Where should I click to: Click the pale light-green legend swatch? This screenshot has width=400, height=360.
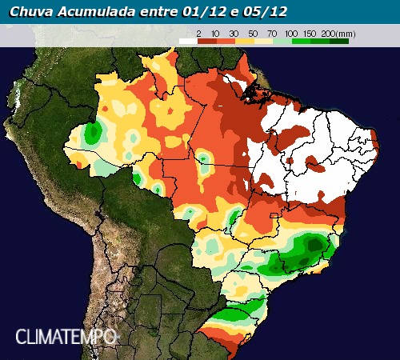click(282, 39)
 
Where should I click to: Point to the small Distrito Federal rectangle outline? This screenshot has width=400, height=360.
click(277, 215)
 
